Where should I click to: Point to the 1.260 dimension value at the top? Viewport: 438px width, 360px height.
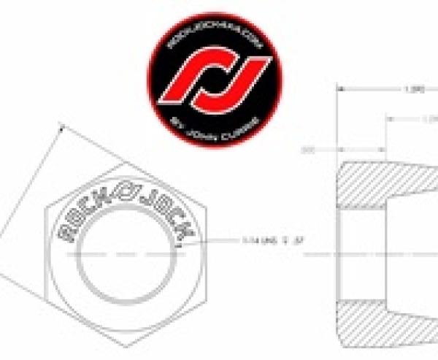click(414, 91)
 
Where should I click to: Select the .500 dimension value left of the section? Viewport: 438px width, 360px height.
click(307, 150)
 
